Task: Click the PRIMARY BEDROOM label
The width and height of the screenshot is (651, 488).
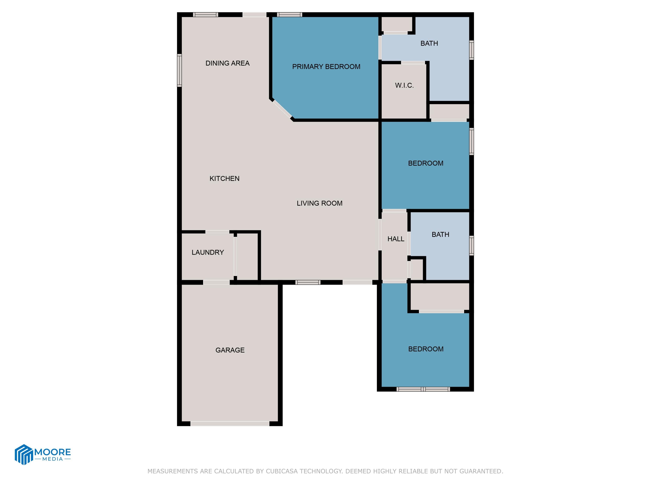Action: [x=326, y=67]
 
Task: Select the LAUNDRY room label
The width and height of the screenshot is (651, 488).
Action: [x=207, y=252]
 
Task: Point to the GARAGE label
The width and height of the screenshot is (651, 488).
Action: [x=230, y=350]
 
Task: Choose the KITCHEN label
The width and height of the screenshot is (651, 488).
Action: [x=224, y=178]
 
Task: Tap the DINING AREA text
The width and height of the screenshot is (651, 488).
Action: [x=227, y=63]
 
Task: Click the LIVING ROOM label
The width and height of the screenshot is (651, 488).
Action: [x=319, y=203]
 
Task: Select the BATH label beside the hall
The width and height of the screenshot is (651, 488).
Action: [x=440, y=235]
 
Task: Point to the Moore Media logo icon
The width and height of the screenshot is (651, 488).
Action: [x=23, y=454]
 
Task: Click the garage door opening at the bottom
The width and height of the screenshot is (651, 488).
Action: [x=230, y=424]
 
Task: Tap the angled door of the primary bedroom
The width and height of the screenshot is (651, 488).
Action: [x=282, y=109]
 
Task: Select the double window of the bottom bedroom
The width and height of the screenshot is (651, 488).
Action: [x=423, y=389]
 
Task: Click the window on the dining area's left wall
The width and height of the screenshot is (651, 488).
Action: [x=179, y=70]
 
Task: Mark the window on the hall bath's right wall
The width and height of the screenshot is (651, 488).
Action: [x=471, y=245]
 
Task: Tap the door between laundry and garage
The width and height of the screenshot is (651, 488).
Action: [x=216, y=282]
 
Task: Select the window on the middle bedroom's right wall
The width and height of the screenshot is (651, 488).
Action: [x=471, y=141]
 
